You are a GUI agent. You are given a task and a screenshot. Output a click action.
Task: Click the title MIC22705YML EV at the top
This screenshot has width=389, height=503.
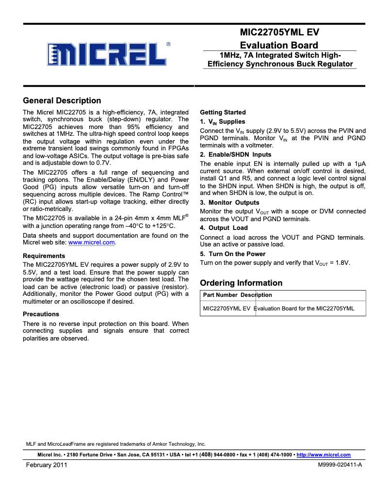(279, 33)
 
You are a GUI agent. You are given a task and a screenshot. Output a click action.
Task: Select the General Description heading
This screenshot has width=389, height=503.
(62, 101)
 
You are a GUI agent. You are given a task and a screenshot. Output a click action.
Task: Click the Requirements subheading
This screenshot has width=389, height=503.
(44, 256)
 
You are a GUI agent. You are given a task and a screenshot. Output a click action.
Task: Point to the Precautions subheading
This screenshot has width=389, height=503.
(41, 314)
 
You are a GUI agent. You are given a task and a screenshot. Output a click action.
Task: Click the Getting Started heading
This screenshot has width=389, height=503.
(223, 112)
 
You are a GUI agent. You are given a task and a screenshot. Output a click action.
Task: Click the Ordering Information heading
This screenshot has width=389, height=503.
(241, 283)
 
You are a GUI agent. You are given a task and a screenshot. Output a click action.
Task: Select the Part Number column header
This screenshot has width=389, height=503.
(220, 295)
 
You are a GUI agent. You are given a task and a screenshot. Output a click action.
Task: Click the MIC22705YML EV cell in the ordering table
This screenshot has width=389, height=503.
(227, 308)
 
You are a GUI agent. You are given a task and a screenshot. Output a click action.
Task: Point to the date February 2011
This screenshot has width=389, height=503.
(46, 465)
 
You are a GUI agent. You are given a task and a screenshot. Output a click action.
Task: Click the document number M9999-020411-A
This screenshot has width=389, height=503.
(340, 465)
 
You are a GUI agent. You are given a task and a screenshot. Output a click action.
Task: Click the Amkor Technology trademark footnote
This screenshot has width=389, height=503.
(115, 444)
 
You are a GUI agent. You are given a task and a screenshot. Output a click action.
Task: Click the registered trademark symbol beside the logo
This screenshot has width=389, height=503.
(168, 44)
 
